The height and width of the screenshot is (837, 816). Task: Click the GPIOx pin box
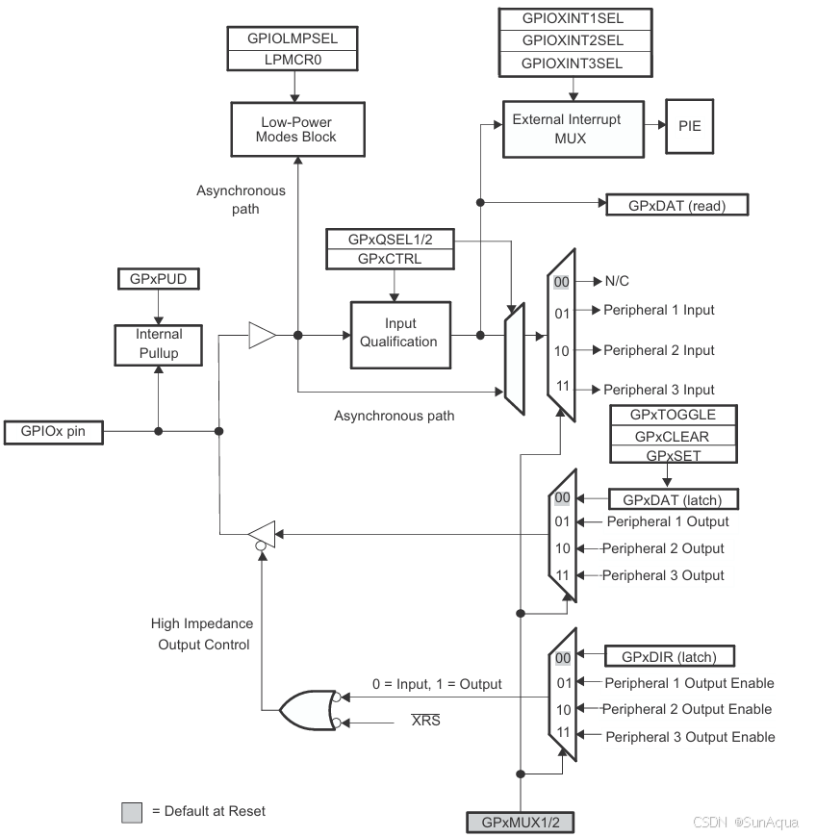pyautogui.click(x=53, y=431)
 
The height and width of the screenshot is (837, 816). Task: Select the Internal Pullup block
pyautogui.click(x=158, y=344)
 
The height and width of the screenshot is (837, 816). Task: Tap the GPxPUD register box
pyautogui.click(x=158, y=280)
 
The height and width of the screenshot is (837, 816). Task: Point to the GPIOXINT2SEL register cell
pyautogui.click(x=573, y=40)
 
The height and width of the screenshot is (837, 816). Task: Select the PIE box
pyautogui.click(x=690, y=126)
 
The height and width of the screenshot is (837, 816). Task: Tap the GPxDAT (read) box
pyautogui.click(x=676, y=205)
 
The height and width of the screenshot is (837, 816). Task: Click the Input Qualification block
pyautogui.click(x=398, y=334)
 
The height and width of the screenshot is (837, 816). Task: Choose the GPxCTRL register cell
pyautogui.click(x=390, y=259)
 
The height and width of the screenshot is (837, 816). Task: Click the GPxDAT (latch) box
pyautogui.click(x=673, y=499)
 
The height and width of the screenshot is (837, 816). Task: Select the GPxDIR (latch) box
pyautogui.click(x=670, y=657)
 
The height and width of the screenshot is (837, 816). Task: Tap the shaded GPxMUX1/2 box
pyautogui.click(x=520, y=823)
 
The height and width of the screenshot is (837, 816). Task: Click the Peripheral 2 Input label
pyautogui.click(x=658, y=350)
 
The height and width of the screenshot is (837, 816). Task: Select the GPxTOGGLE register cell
pyautogui.click(x=673, y=415)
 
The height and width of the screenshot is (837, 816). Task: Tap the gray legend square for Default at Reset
pyautogui.click(x=133, y=811)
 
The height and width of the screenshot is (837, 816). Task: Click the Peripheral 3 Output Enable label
pyautogui.click(x=689, y=737)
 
